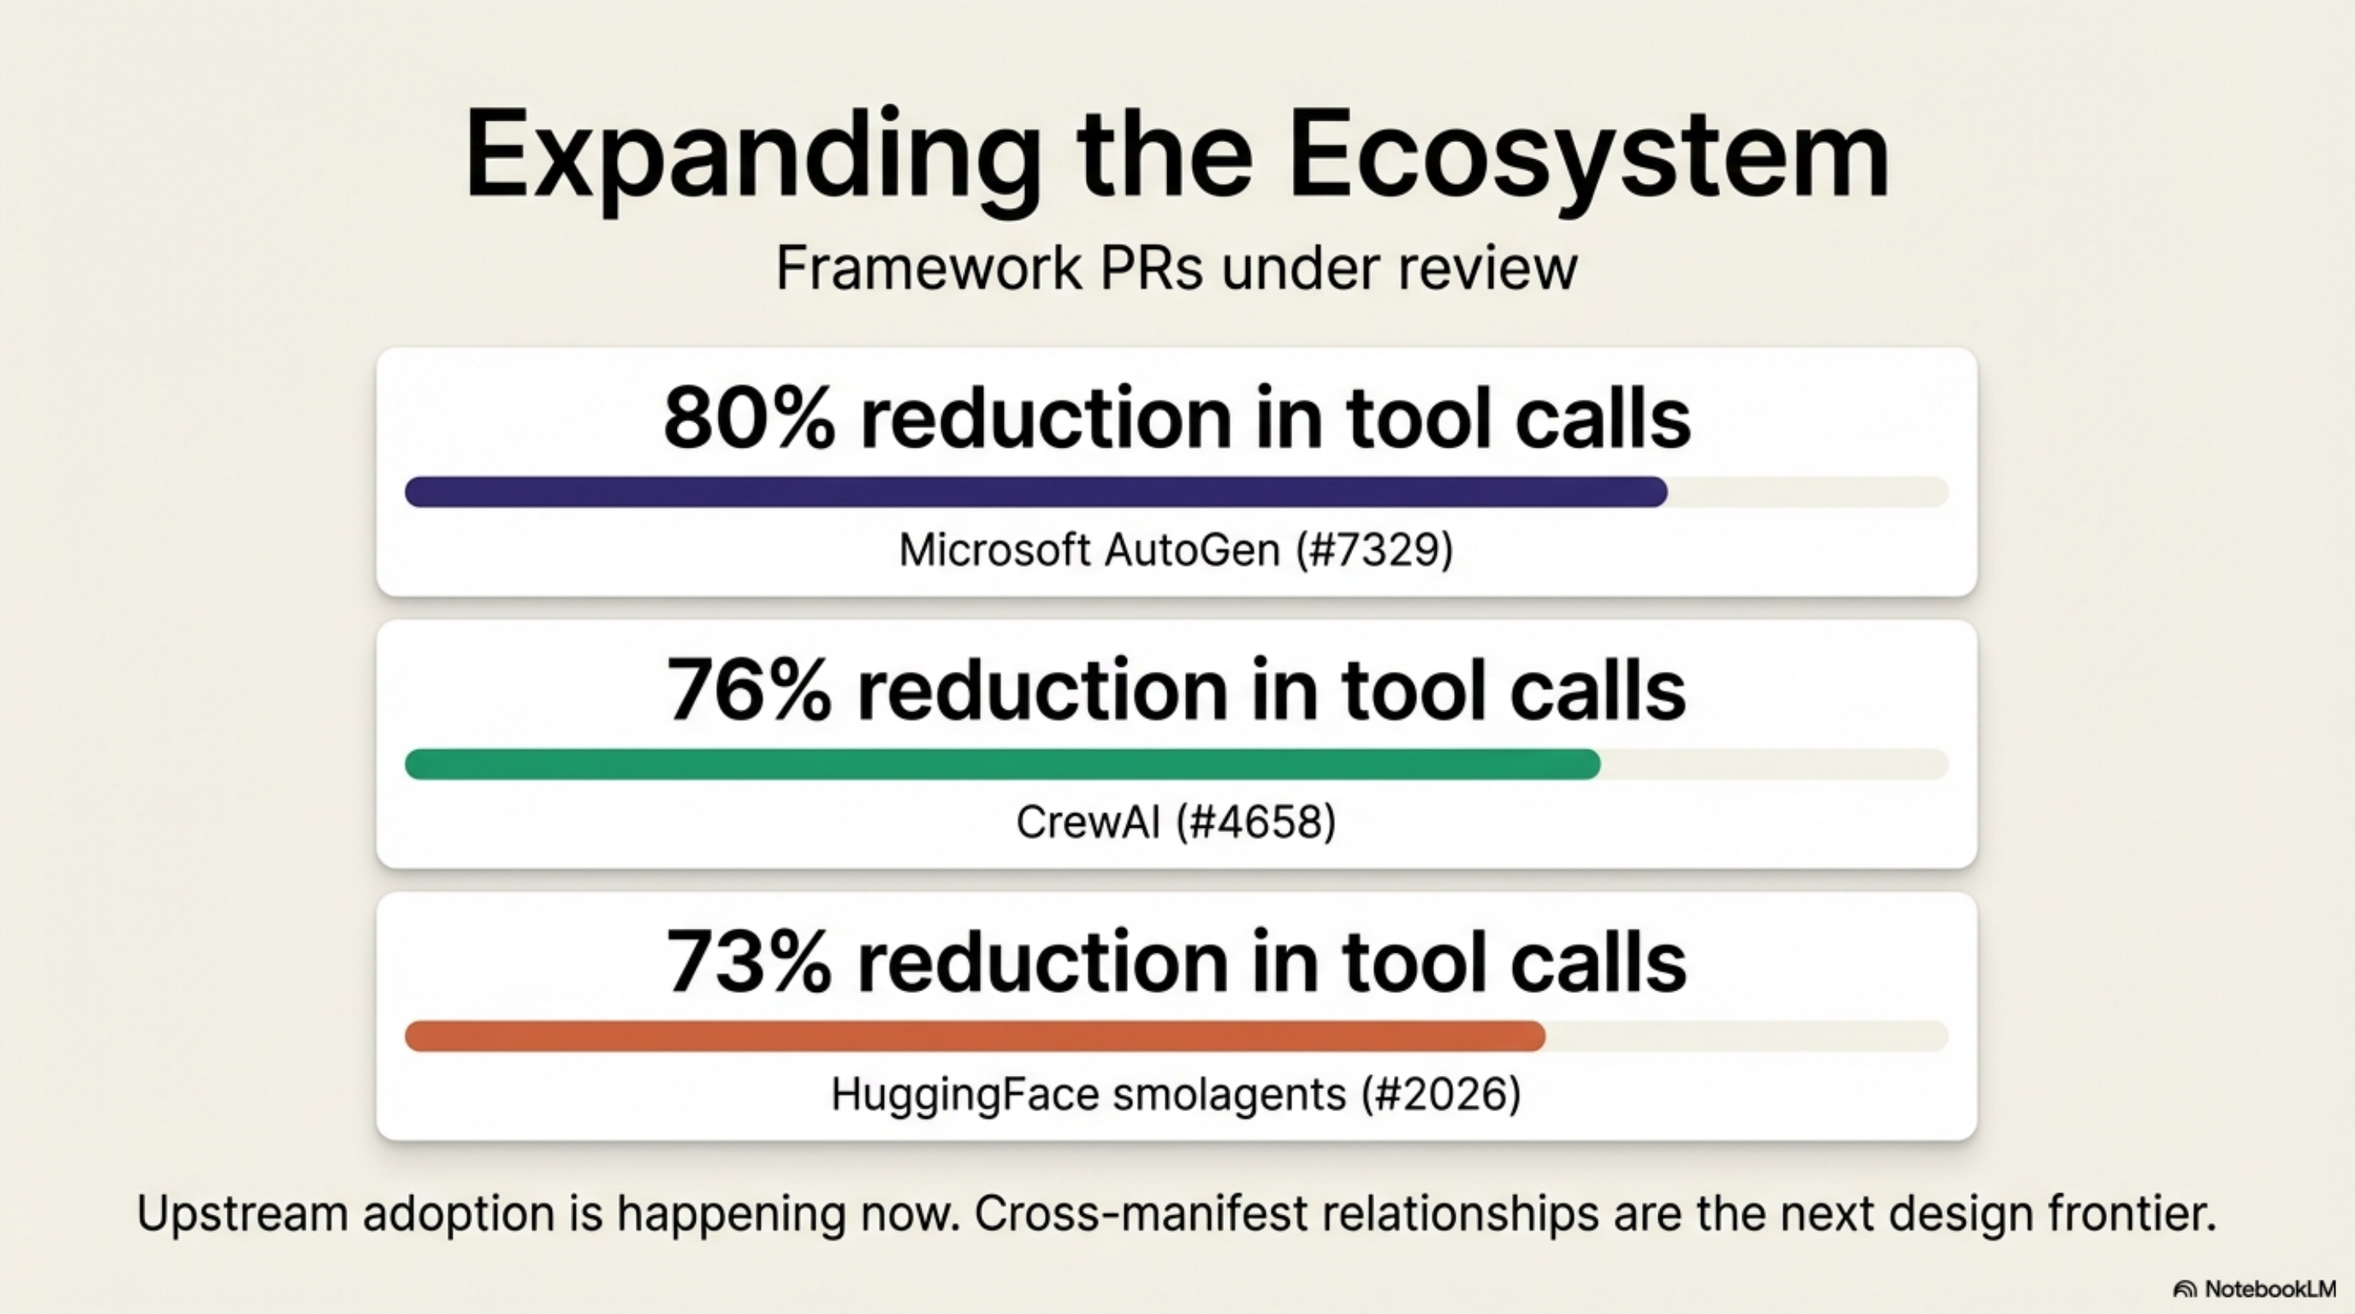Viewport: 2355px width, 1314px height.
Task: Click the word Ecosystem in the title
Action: (1589, 155)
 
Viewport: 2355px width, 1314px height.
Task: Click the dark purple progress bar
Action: (1035, 492)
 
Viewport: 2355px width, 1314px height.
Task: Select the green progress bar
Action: (1002, 764)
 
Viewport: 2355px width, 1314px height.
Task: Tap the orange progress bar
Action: (974, 1036)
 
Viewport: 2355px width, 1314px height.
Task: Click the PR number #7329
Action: (1374, 550)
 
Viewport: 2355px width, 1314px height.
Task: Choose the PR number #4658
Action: (1255, 821)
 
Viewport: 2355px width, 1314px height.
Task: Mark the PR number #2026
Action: (1441, 1094)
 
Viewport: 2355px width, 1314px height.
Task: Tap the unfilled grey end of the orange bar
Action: (1746, 1036)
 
